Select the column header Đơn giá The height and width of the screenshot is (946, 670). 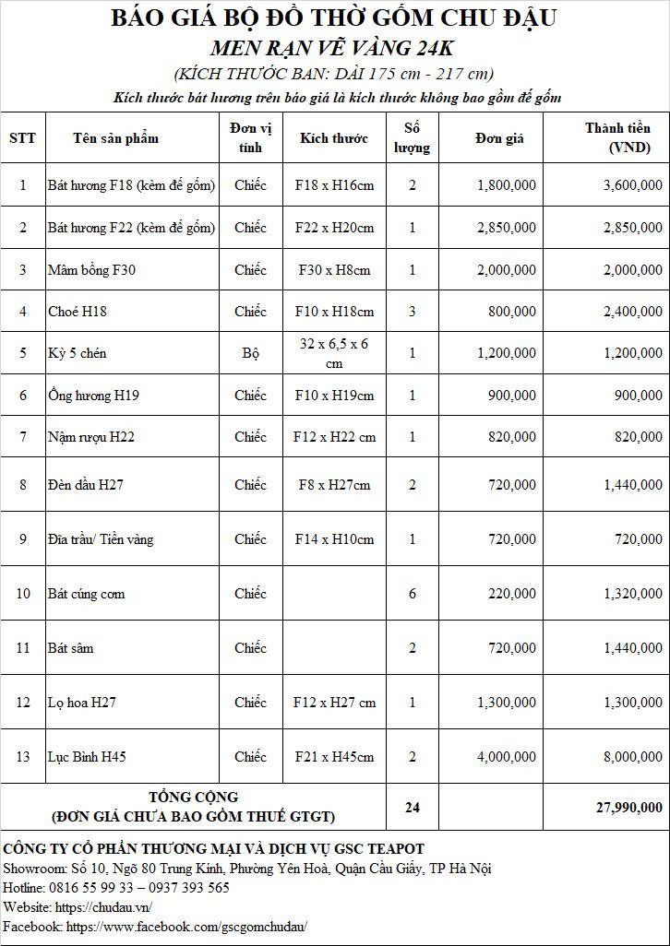pyautogui.click(x=499, y=138)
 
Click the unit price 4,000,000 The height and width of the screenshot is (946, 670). pyautogui.click(x=507, y=757)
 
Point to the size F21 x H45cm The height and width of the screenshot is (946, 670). pyautogui.click(x=334, y=757)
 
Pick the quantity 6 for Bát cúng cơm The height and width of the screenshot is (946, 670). pyautogui.click(x=413, y=594)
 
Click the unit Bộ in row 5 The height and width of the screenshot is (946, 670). pyautogui.click(x=250, y=353)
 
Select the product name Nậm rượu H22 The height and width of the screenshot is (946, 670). pyautogui.click(x=91, y=437)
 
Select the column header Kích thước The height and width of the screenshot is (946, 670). pyautogui.click(x=334, y=138)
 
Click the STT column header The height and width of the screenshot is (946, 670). pyautogui.click(x=23, y=138)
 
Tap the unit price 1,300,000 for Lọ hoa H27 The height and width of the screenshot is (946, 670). pyautogui.click(x=507, y=703)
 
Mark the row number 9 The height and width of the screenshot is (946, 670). pyautogui.click(x=23, y=539)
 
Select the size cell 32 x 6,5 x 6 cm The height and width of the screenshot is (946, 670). pyautogui.click(x=334, y=353)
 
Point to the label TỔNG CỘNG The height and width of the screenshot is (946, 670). pyautogui.click(x=194, y=797)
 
